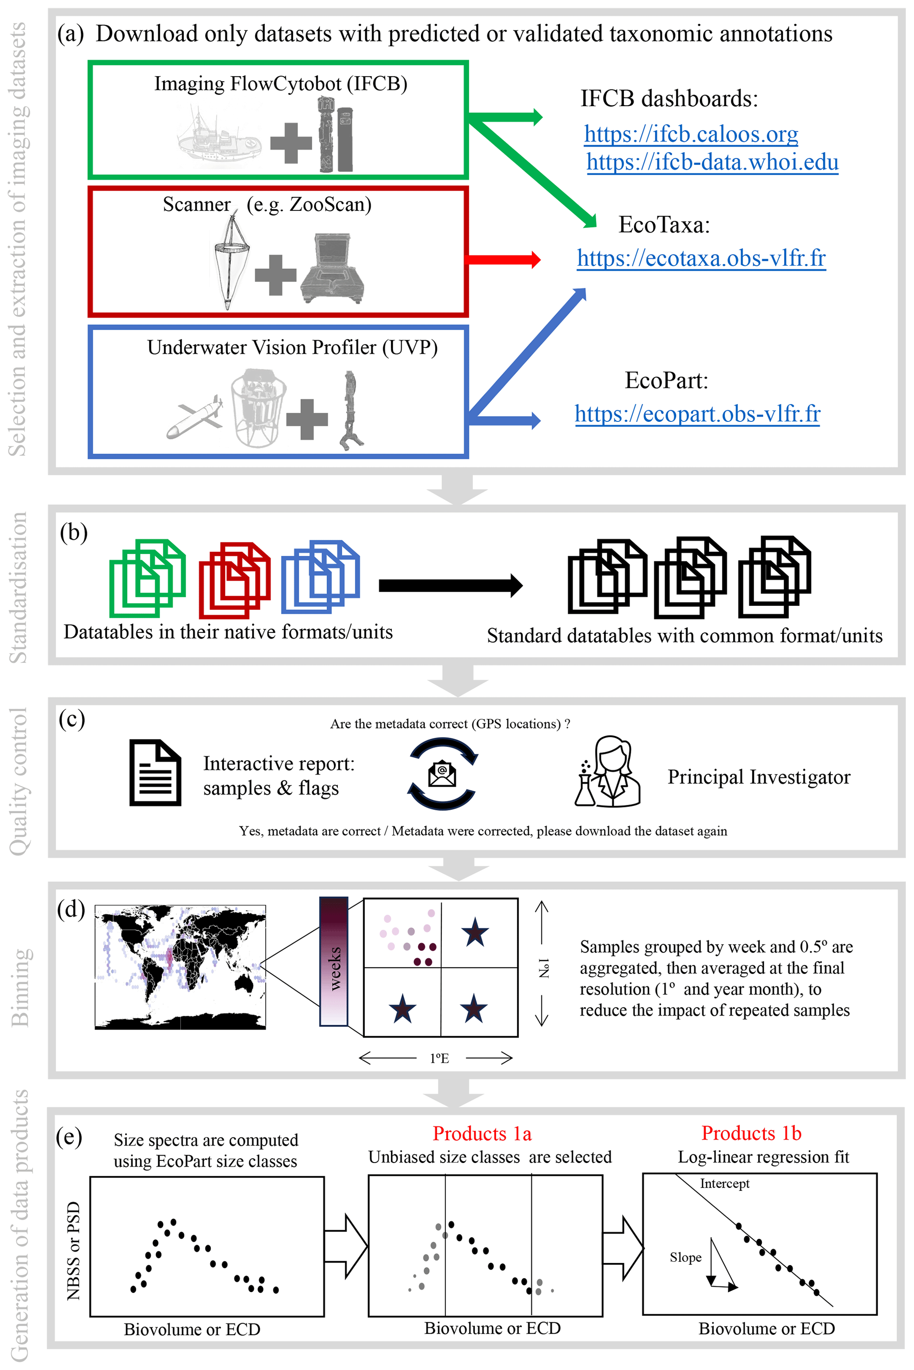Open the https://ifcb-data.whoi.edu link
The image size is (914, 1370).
pyautogui.click(x=712, y=162)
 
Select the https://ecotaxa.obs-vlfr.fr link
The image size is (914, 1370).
pyautogui.click(x=701, y=258)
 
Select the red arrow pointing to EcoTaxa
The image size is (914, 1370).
pyautogui.click(x=504, y=260)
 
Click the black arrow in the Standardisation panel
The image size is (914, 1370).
pyautogui.click(x=450, y=586)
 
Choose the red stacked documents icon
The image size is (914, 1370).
pyautogui.click(x=234, y=580)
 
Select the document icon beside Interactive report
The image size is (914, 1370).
pyautogui.click(x=155, y=773)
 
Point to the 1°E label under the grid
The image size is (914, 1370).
pyautogui.click(x=439, y=1058)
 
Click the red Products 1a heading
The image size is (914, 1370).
pyautogui.click(x=482, y=1133)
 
